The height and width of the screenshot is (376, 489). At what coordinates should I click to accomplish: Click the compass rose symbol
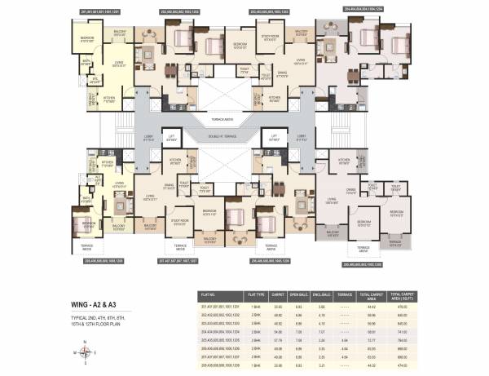pyautogui.click(x=86, y=352)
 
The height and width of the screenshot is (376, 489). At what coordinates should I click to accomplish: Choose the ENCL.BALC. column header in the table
pyautogui.click(x=324, y=294)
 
